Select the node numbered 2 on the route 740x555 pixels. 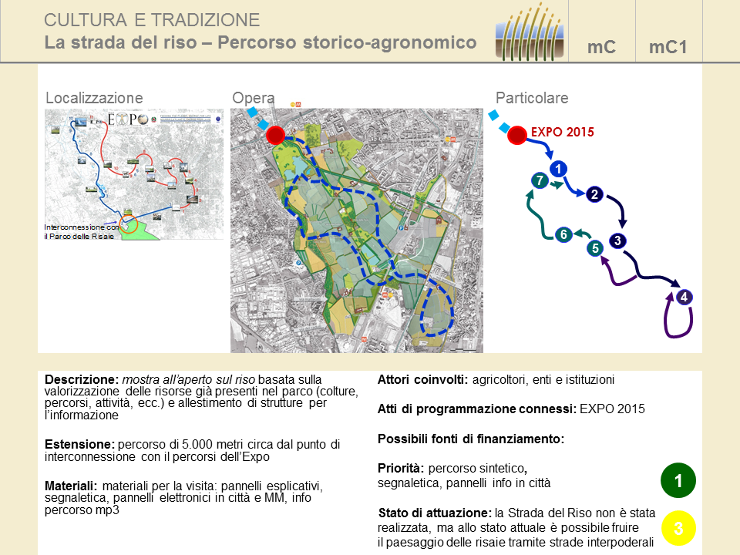pyautogui.click(x=594, y=194)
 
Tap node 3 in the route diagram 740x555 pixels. pyautogui.click(x=617, y=240)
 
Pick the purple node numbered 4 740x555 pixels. pyautogui.click(x=683, y=298)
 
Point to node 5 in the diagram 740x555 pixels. pyautogui.click(x=594, y=248)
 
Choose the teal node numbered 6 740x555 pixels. pyautogui.click(x=563, y=234)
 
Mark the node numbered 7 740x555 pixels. pyautogui.click(x=540, y=181)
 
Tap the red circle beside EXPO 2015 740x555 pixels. pyautogui.click(x=517, y=136)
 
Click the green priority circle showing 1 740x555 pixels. pyautogui.click(x=678, y=482)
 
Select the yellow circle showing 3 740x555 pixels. pyautogui.click(x=678, y=529)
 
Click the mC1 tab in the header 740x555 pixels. pyautogui.click(x=668, y=47)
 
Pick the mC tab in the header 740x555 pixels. pyautogui.click(x=601, y=47)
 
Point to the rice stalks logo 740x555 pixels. pyautogui.click(x=530, y=31)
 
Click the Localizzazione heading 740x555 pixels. pyautogui.click(x=94, y=99)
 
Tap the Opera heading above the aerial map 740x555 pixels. pyautogui.click(x=253, y=99)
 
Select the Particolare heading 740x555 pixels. pyautogui.click(x=532, y=99)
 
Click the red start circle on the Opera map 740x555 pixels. pyautogui.click(x=275, y=136)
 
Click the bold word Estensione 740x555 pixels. pyautogui.click(x=78, y=445)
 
